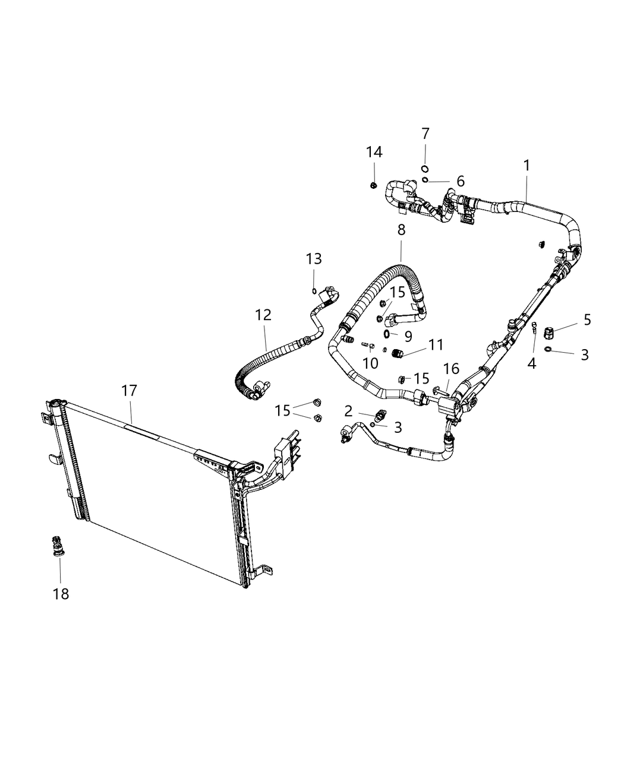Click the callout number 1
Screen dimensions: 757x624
527,165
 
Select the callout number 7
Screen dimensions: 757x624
426,134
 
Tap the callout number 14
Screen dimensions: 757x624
374,152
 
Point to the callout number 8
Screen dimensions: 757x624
401,229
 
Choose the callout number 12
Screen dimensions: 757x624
263,315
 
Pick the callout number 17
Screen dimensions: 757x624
129,391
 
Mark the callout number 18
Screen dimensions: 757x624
61,593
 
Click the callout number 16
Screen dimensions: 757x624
451,369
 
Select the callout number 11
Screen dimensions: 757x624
436,344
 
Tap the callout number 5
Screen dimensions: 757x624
587,319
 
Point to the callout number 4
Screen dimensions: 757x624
532,363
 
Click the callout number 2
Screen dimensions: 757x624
348,410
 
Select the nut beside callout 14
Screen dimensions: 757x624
373,185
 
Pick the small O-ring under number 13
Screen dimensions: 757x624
314,290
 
